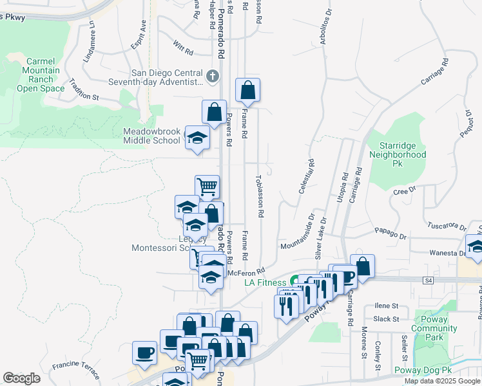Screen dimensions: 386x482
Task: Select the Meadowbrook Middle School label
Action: pyautogui.click(x=152, y=136)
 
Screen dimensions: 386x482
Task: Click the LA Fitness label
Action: pyautogui.click(x=265, y=282)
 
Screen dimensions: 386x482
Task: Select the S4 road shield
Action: pyautogui.click(x=428, y=280)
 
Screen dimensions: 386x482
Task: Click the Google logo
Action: pyautogui.click(x=22, y=378)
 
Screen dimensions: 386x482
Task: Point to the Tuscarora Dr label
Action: pyautogui.click(x=447, y=226)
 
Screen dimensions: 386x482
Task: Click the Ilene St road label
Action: pyautogui.click(x=386, y=306)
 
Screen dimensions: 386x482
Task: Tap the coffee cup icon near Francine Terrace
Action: pyautogui.click(x=144, y=353)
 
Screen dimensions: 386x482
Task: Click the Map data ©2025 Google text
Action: pyautogui.click(x=442, y=381)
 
